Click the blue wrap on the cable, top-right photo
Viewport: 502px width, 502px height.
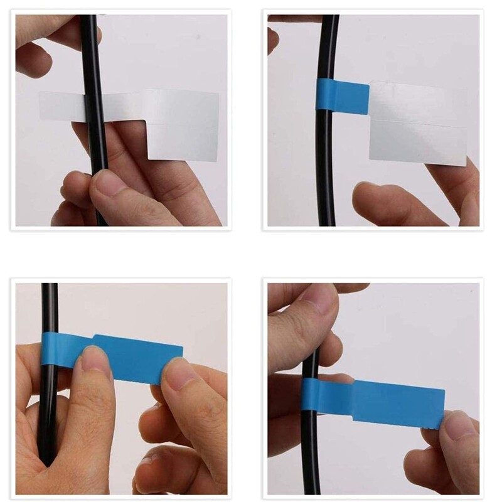coord(342,96)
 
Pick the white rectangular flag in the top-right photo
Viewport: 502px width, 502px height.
coord(418,123)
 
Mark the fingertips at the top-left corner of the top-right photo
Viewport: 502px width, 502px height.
coord(272,38)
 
